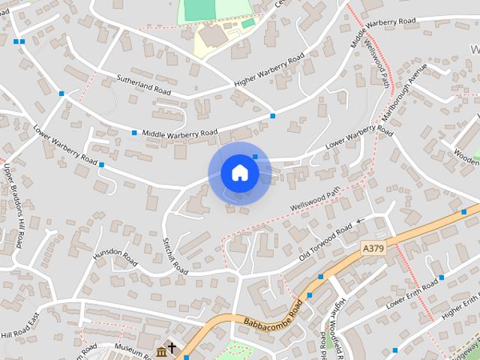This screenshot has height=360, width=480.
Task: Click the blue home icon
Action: [239, 172]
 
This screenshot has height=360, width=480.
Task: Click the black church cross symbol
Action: [172, 349]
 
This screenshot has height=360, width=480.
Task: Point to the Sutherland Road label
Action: [144, 84]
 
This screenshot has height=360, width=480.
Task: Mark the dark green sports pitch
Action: [198, 10]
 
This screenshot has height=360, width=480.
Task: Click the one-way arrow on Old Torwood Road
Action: [359, 221]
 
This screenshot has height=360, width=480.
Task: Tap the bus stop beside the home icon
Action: [255, 157]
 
